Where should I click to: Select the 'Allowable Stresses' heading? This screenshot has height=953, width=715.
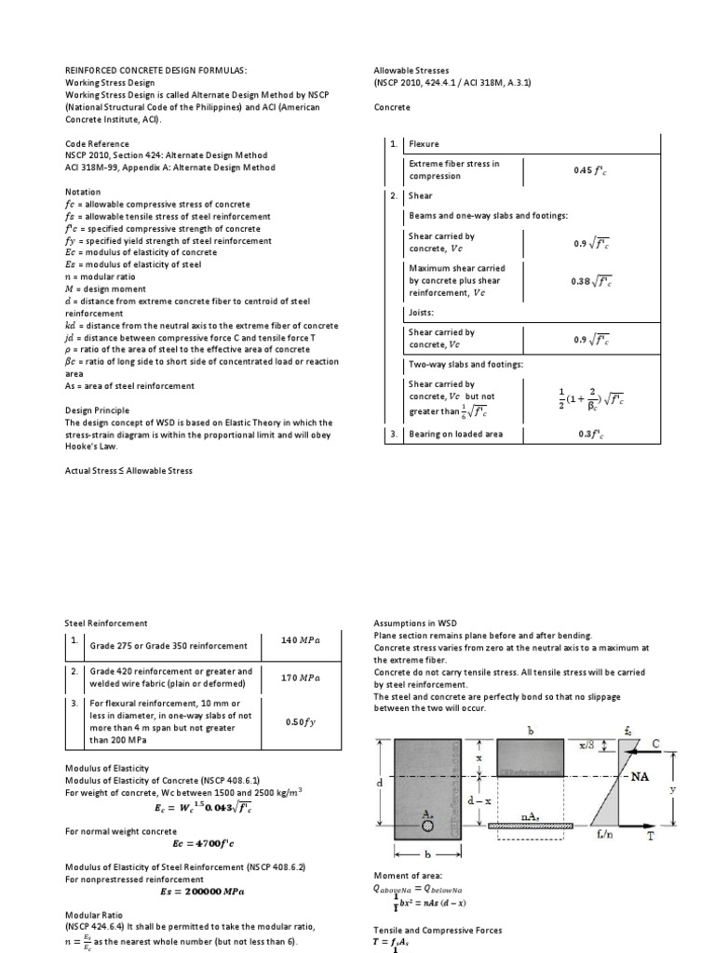411,70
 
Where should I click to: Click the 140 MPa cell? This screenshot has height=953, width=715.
300,641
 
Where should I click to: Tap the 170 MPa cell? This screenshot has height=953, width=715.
300,678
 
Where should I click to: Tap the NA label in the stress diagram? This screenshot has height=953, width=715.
638,774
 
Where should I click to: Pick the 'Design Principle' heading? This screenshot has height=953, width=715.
97,410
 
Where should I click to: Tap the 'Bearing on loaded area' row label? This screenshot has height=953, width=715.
455,434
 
